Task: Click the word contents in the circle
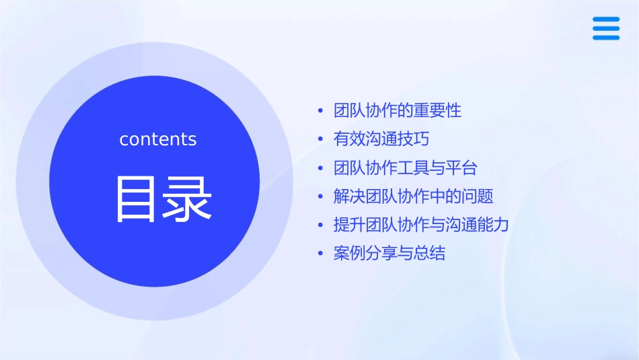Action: coord(158,139)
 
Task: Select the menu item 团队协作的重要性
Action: coord(398,110)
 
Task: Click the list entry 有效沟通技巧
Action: coord(381,139)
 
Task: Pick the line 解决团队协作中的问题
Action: coord(414,196)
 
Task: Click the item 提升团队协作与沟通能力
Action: coord(421,225)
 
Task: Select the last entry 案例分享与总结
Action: coord(389,254)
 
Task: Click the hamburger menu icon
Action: coord(606,28)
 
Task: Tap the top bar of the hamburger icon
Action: coord(606,20)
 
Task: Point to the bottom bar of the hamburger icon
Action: coord(606,38)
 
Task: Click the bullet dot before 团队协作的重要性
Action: coord(320,110)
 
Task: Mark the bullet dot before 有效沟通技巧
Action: coord(320,139)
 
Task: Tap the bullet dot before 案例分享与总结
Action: coord(320,254)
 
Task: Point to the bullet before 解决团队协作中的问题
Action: coord(320,196)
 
